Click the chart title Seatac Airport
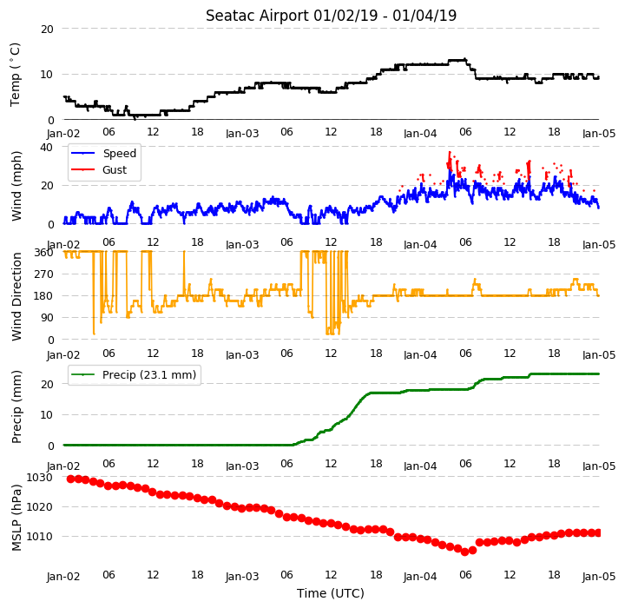pos(257,16)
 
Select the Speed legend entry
pos(103,153)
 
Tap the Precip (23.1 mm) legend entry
pos(134,375)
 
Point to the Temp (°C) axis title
pos(15,75)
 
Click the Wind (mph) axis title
pos(16,187)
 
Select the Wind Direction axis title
pos(16,296)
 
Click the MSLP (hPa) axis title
pos(16,518)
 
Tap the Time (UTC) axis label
pos(331,593)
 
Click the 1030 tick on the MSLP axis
pos(39,478)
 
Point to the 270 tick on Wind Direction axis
pos(43,274)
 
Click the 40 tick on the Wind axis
pos(47,147)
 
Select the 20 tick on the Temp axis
pos(47,30)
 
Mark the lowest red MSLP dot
pos(464,552)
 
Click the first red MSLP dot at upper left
pos(71,479)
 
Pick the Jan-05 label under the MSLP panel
pos(599,577)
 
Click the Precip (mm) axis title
pos(16,407)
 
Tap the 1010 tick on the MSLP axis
pos(39,537)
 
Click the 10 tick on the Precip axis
pos(47,415)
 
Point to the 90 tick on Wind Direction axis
pos(46,318)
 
